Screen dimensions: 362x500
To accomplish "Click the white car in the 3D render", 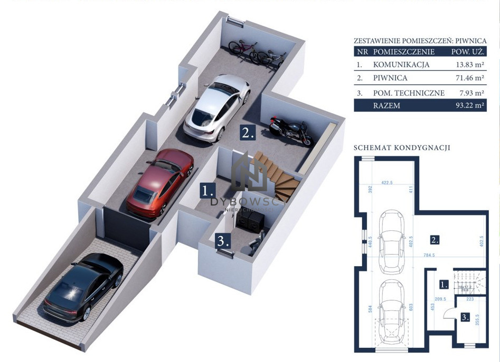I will coord(216,109).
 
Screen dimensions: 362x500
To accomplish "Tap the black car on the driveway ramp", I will coord(83,288).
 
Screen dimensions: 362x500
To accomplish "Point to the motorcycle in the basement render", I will coord(290,130).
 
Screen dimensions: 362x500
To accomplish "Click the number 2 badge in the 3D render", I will coord(248,132).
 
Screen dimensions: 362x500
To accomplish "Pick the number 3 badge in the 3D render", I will coord(223,242).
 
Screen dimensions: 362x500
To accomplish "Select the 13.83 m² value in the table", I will coord(471,65).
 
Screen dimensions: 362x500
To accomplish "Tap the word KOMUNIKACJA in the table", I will coord(401,65).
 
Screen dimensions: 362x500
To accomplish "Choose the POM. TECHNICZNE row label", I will coord(408,93).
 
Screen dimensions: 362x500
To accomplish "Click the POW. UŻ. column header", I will coord(468,52).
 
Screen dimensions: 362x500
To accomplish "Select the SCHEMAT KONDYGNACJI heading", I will coord(401,148).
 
